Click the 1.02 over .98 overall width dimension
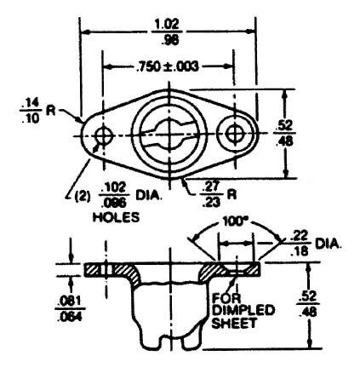[167, 32]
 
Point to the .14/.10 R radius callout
[37, 111]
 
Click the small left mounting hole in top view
[104, 135]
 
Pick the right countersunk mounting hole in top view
[235, 133]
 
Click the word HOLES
[116, 217]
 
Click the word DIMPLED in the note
[243, 310]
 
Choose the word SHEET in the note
[234, 323]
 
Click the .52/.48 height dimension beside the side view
[308, 304]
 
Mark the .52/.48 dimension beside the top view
[284, 133]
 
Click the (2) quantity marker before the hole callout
[83, 196]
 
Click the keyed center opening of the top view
[169, 134]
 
